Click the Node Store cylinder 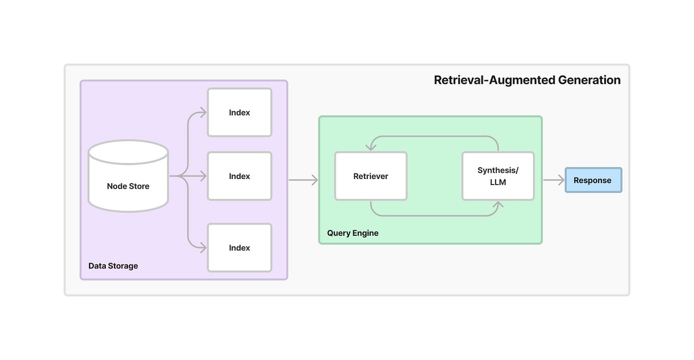[128, 176]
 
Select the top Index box [239, 112]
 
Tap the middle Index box [239, 176]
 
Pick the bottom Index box [239, 247]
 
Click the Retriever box [371, 176]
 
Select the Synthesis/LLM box [498, 176]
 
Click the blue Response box [593, 180]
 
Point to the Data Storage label [113, 266]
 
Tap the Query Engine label [353, 233]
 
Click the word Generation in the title [589, 80]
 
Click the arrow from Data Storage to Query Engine [303, 180]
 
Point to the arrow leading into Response [553, 180]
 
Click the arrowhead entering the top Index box [203, 112]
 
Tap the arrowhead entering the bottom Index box [203, 247]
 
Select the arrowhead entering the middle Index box [203, 176]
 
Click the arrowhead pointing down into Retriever [371, 147]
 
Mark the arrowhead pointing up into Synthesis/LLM [498, 205]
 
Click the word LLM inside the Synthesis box [498, 182]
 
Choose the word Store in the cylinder [139, 186]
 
